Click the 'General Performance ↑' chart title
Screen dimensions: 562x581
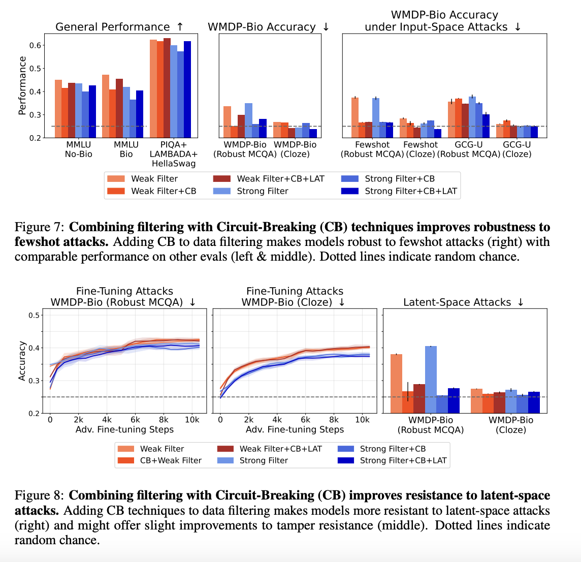(x=119, y=27)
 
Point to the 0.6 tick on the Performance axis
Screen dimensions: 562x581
(x=35, y=45)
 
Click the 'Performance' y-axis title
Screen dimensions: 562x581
(x=22, y=85)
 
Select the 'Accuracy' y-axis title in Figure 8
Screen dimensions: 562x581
(x=22, y=361)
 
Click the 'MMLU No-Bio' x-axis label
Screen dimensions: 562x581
(x=79, y=149)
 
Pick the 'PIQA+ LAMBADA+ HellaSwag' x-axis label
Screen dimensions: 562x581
(x=173, y=154)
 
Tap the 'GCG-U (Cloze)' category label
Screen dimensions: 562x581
(x=517, y=149)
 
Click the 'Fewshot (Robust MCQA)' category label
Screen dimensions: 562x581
(x=372, y=149)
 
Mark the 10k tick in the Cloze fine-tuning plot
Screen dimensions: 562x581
(x=362, y=420)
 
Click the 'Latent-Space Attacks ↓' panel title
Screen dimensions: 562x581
(x=463, y=302)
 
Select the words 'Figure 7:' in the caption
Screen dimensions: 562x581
(x=40, y=227)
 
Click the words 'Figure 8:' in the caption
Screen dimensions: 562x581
(x=40, y=495)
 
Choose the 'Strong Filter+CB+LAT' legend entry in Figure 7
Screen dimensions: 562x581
(x=411, y=191)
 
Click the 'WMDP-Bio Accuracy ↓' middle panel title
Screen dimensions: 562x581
(x=269, y=27)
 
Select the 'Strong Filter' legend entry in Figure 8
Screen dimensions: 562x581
(x=264, y=460)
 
